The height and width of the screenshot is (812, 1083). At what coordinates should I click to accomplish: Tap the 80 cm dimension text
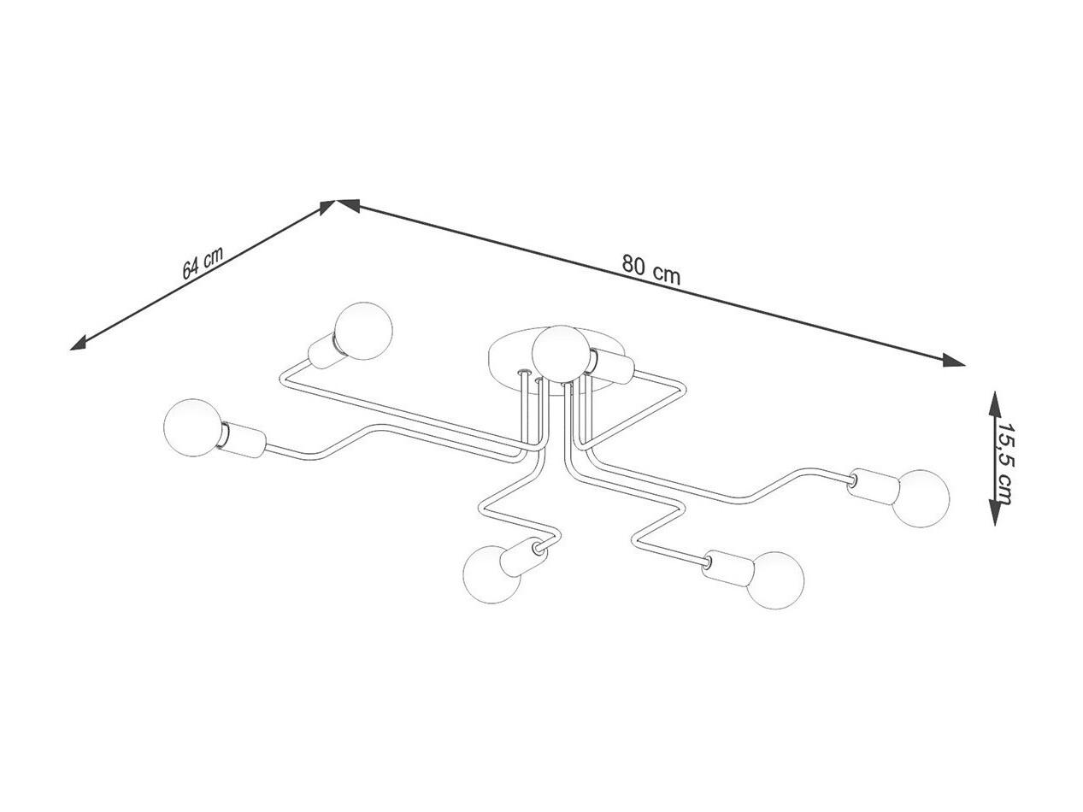click(650, 270)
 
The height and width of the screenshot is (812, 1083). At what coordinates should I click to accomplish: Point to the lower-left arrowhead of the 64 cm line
click(79, 344)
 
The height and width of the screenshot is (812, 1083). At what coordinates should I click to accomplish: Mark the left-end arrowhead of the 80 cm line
click(347, 206)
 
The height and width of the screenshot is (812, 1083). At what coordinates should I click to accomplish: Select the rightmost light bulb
click(921, 498)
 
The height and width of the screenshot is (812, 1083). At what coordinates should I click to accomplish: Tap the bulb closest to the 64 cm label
click(363, 331)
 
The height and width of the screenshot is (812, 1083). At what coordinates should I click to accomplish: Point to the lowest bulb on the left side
click(492, 574)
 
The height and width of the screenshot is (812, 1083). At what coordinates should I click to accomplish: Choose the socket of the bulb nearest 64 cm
click(325, 350)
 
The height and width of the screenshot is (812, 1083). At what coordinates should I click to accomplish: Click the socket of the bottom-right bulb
click(727, 568)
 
